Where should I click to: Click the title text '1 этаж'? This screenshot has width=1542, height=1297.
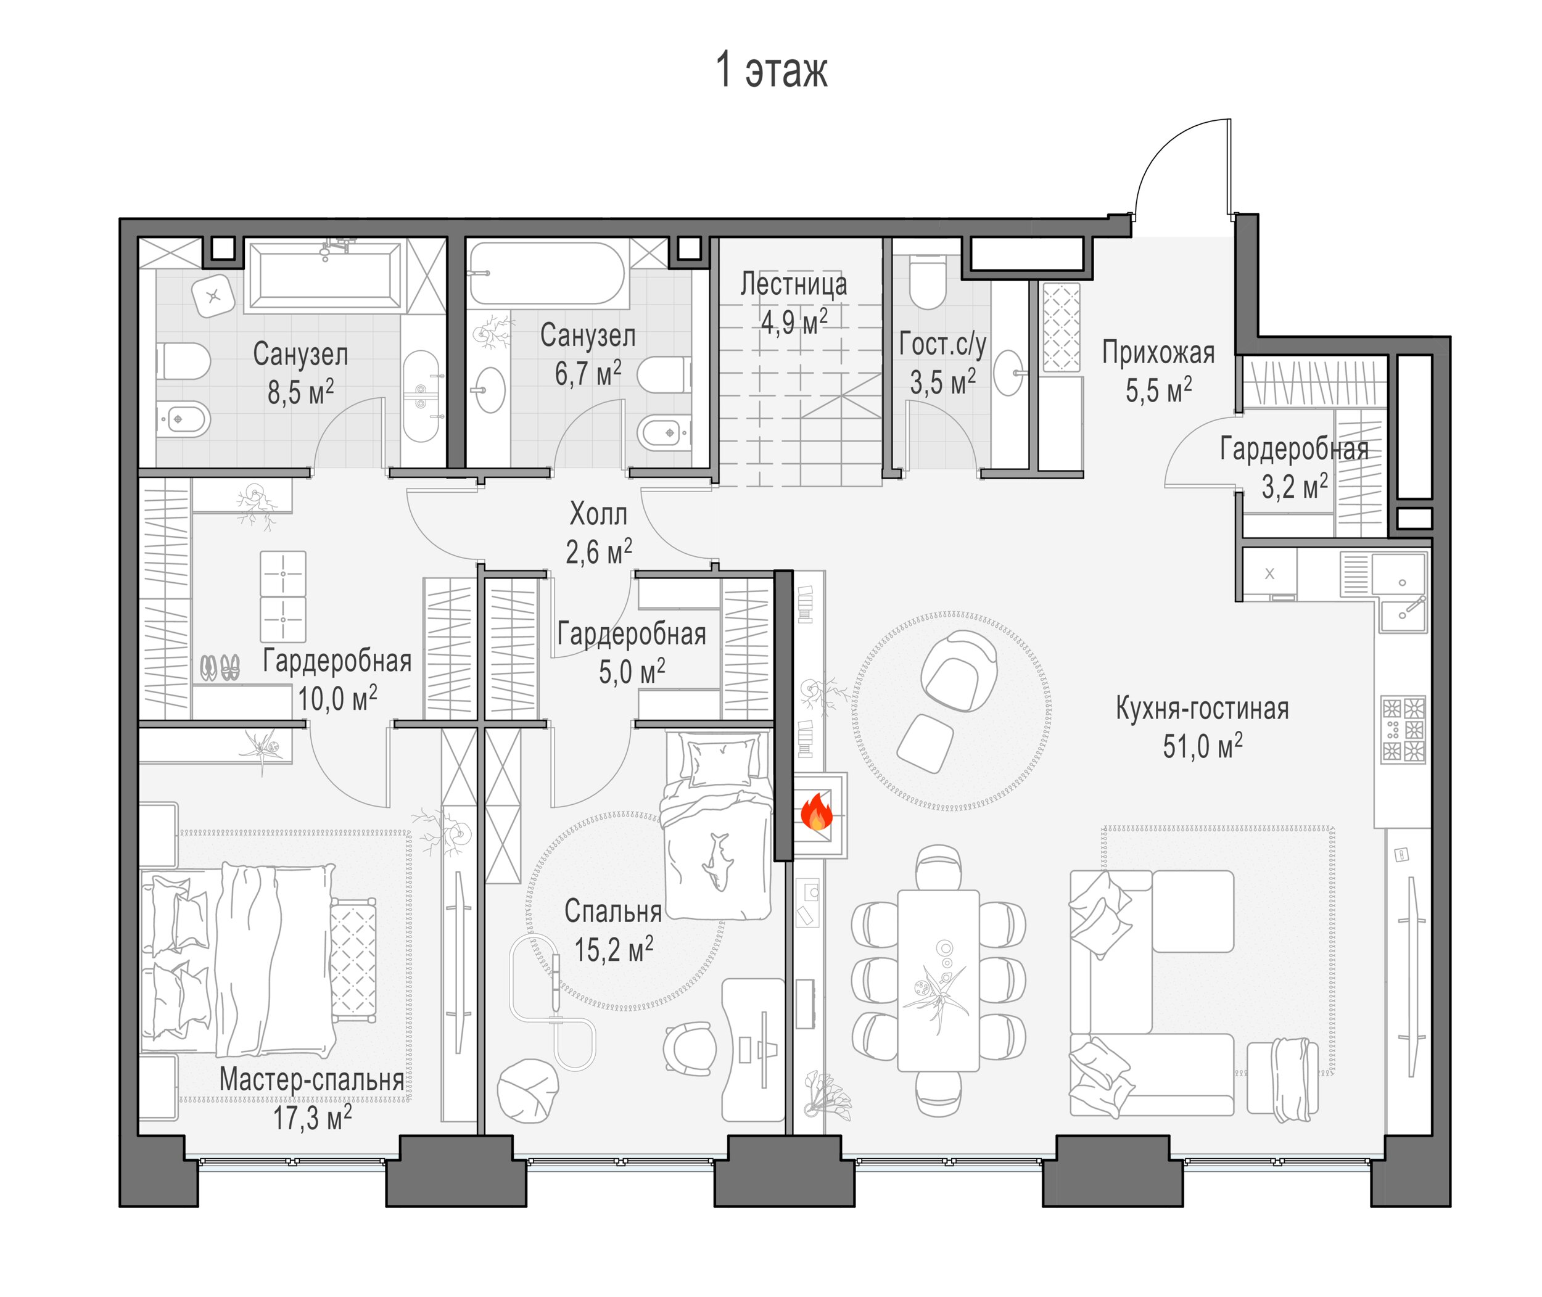point(772,70)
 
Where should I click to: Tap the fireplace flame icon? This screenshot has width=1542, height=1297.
point(816,812)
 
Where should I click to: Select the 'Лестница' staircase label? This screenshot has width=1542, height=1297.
point(793,284)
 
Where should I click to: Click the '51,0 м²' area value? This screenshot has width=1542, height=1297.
point(1202,746)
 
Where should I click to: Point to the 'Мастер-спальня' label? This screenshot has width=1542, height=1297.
point(311,1079)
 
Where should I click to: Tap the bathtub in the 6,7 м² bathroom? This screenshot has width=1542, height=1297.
point(547,273)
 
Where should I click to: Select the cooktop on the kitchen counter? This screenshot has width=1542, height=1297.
point(1404,730)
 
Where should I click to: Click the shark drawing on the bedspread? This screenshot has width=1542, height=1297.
point(716,862)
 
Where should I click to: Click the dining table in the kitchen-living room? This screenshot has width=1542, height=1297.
point(938,980)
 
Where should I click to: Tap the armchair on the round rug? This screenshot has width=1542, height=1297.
point(959,670)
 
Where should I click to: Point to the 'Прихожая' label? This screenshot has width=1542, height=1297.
point(1158,353)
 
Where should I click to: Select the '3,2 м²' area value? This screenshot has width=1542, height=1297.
point(1295,485)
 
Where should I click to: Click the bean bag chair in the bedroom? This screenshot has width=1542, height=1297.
point(527,1090)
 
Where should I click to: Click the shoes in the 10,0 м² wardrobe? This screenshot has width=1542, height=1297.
point(220,667)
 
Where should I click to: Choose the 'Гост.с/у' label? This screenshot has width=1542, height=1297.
point(942,344)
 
